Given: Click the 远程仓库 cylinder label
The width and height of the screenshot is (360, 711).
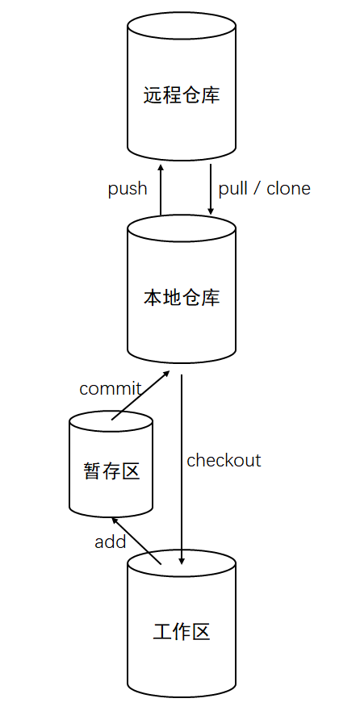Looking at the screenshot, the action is [182, 96].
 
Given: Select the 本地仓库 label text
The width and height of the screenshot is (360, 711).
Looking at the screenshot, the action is [182, 298].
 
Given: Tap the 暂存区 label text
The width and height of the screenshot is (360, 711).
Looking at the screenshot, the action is [111, 471].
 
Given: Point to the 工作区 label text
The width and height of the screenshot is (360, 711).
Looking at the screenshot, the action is [182, 632].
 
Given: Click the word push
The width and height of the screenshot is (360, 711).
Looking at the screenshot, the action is [128, 189].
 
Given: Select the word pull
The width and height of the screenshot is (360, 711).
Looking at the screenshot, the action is [232, 189].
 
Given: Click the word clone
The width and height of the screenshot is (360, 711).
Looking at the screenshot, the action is [288, 188].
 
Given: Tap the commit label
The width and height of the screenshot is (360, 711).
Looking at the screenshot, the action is [110, 389].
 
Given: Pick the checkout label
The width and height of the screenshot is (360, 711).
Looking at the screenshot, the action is [224, 460].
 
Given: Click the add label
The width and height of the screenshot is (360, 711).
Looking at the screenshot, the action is [110, 542].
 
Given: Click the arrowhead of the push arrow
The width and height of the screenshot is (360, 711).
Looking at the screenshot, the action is [161, 167].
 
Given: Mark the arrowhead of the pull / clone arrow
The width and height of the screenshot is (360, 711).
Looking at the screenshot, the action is [211, 211].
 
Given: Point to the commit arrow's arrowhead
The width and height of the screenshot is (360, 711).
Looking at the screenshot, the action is [167, 373].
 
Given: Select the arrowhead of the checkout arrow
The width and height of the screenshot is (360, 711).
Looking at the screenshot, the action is [182, 561].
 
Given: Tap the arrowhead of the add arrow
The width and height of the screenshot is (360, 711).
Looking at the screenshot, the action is [115, 520].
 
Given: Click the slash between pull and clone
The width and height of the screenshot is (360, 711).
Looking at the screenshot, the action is [257, 189].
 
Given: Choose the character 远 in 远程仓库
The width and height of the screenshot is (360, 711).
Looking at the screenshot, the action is [153, 96].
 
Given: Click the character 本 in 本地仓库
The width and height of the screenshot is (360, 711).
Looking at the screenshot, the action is [153, 298].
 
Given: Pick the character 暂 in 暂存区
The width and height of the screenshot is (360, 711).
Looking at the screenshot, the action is [92, 471].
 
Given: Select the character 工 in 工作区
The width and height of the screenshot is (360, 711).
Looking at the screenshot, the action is [162, 632].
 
